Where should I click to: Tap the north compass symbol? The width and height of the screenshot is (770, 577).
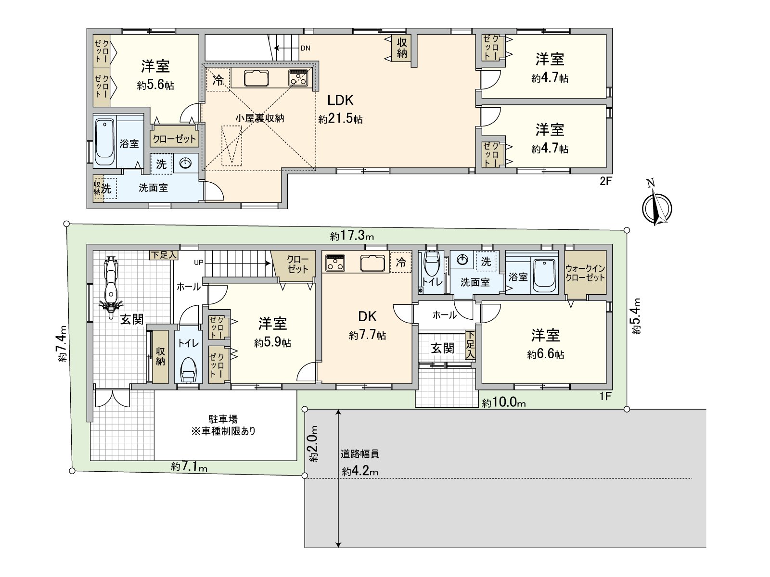[657, 207]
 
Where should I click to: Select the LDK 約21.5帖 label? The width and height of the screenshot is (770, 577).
[340, 109]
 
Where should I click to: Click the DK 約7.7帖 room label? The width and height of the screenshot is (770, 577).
[367, 326]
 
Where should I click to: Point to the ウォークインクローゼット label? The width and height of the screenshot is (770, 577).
[585, 273]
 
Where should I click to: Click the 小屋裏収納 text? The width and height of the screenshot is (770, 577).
[260, 118]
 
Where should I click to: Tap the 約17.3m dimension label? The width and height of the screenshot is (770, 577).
[352, 236]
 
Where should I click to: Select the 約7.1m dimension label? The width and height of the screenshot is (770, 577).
[189, 466]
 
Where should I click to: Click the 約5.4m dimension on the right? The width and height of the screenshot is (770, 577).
[636, 316]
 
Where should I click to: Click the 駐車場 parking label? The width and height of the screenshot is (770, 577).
[223, 419]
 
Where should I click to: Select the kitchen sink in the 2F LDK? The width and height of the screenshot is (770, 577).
[256, 77]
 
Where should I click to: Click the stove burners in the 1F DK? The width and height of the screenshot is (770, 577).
[335, 263]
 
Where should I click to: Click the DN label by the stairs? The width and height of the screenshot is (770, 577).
[305, 48]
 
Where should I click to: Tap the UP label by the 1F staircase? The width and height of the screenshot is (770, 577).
[198, 263]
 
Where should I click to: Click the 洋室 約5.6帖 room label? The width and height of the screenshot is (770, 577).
[155, 75]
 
